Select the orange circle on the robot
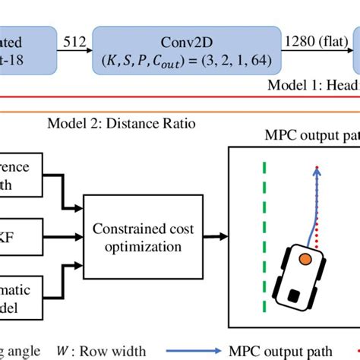304,260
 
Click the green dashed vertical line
264,235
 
